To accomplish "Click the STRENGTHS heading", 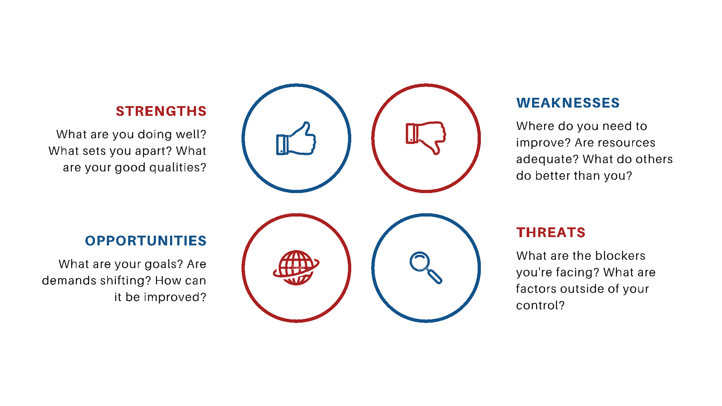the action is click(x=161, y=111).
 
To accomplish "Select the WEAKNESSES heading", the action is click(x=568, y=103).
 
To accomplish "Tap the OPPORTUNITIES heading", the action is click(x=145, y=241).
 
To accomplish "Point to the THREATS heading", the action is click(x=551, y=232).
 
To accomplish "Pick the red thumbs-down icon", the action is click(x=426, y=138).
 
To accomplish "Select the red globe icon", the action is click(x=296, y=268).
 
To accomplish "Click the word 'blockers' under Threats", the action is click(x=620, y=256).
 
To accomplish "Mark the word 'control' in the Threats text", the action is click(x=537, y=306).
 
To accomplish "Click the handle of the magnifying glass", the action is click(x=435, y=277).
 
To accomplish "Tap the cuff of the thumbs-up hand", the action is click(x=282, y=145).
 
